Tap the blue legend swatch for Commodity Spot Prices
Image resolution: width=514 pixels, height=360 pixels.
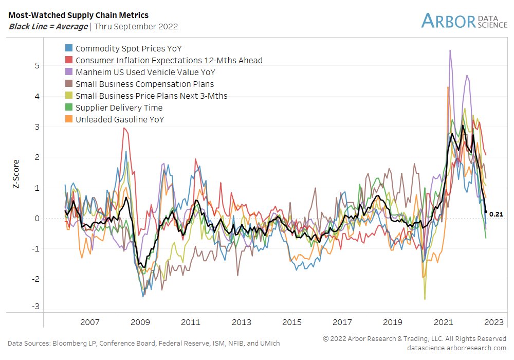pos(68,48)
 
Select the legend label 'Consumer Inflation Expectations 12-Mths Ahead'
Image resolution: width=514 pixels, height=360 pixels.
pos(169,60)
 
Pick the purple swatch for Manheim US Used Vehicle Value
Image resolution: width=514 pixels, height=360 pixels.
pos(68,72)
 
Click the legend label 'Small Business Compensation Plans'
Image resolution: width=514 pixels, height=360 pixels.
pos(144,84)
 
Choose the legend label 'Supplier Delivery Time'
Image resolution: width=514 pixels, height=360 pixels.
pos(119,107)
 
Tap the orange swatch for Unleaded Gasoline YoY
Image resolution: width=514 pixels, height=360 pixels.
pos(68,119)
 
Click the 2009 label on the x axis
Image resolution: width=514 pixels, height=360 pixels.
pos(140,322)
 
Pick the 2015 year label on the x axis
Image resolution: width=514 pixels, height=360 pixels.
pos(292,322)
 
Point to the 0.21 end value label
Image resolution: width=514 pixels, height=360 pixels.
pos(496,214)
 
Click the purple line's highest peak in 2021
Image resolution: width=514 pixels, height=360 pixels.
pos(450,50)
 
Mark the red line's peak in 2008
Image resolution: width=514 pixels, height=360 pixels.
pos(124,128)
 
